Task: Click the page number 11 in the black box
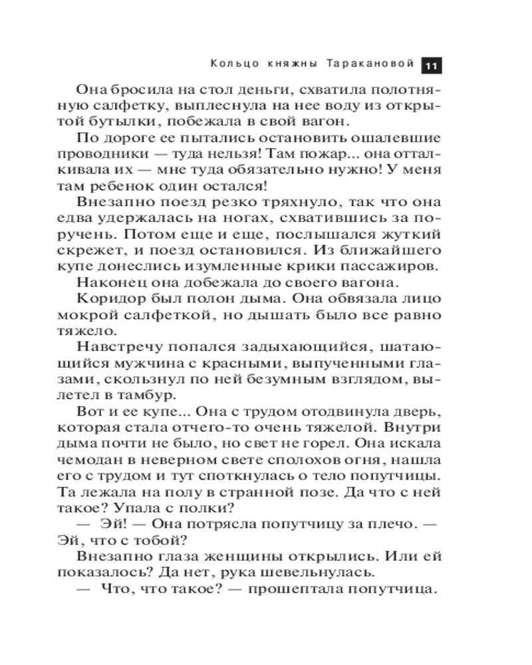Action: [431, 65]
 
